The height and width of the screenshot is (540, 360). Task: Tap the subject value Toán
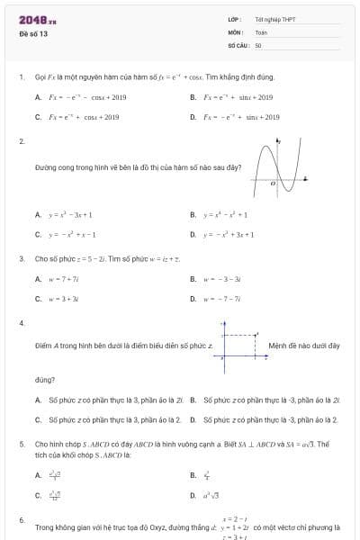262,31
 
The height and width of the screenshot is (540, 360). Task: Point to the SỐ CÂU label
238,43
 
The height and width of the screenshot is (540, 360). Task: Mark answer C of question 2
72,234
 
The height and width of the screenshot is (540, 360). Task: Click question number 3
21,258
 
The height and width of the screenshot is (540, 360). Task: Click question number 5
21,444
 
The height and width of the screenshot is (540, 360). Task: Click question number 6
21,520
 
